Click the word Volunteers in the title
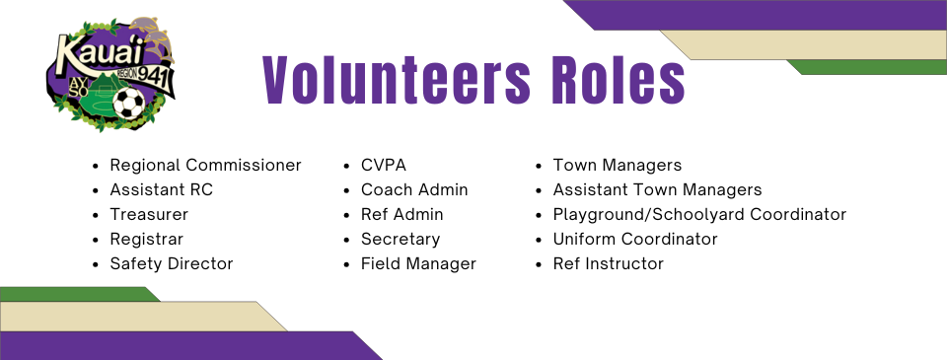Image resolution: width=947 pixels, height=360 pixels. pyautogui.click(x=397, y=80)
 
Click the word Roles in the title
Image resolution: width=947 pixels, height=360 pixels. pyautogui.click(x=619, y=80)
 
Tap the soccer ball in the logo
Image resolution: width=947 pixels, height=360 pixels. pyautogui.click(x=128, y=103)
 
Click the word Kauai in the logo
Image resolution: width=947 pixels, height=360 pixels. pyautogui.click(x=100, y=52)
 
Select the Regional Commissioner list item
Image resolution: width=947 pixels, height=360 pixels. pyautogui.click(x=205, y=165)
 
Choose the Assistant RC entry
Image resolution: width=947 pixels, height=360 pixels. pyautogui.click(x=161, y=189)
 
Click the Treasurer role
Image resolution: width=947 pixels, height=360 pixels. pyautogui.click(x=149, y=214)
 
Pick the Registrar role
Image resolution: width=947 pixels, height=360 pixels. pyautogui.click(x=146, y=240)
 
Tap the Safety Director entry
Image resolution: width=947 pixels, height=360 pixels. pyautogui.click(x=172, y=264)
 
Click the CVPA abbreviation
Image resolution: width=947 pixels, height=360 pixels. pyautogui.click(x=384, y=165)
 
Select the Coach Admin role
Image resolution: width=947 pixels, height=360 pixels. pyautogui.click(x=414, y=189)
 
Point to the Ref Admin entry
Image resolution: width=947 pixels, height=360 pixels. pyautogui.click(x=402, y=214)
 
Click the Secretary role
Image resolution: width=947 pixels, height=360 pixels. pyautogui.click(x=401, y=240)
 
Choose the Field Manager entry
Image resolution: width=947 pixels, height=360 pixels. pyautogui.click(x=418, y=264)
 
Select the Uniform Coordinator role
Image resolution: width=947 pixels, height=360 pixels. pyautogui.click(x=635, y=240)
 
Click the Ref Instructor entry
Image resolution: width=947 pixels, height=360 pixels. pyautogui.click(x=609, y=264)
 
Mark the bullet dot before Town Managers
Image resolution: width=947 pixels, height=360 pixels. pyautogui.click(x=539, y=166)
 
